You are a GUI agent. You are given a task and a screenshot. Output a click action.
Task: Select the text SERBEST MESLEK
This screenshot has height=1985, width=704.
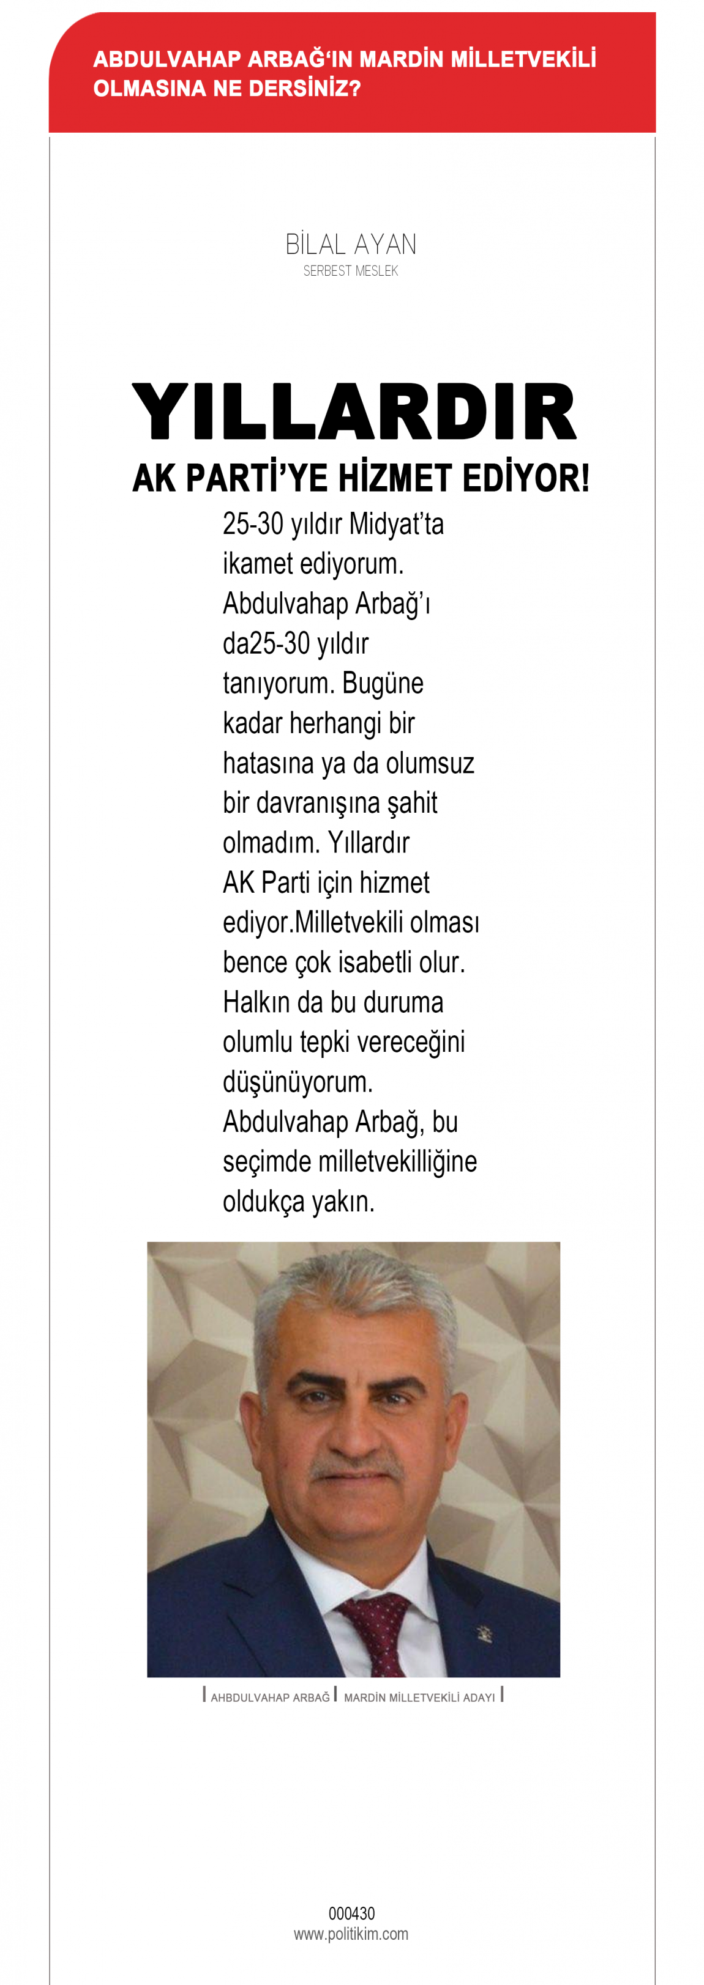pos(351,272)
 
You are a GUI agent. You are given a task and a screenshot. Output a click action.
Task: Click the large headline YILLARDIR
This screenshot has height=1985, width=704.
pos(354,412)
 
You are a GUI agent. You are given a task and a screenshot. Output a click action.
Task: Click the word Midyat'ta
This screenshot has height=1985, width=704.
pos(396,525)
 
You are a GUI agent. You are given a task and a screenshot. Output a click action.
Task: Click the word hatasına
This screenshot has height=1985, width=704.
pos(268,764)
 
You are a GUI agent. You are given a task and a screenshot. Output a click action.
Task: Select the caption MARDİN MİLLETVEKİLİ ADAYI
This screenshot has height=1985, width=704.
pos(419,1698)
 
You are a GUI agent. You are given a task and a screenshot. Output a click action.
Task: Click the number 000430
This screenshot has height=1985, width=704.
pos(351,1913)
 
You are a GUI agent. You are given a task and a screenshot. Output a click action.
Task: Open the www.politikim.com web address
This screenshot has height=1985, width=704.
pos(351,1934)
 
